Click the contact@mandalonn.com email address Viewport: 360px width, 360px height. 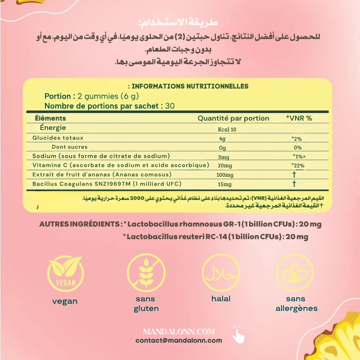pos(179,340)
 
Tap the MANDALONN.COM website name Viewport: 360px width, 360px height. pos(179,332)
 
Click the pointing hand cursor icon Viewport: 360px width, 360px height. pos(238,334)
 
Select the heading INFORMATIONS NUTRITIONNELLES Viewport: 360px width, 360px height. pos(190,86)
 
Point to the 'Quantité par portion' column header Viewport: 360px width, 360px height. pos(233,118)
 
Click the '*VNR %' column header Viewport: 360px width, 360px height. pos(299,118)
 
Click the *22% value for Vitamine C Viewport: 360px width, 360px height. pos(298,166)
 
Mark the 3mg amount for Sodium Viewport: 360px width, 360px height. pos(224,157)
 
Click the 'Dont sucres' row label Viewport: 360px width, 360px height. pos(69,147)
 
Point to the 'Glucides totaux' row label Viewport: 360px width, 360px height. pos(58,138)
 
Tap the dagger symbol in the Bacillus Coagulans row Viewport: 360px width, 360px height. pos(294,184)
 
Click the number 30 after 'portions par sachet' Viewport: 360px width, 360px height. pos(170,106)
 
